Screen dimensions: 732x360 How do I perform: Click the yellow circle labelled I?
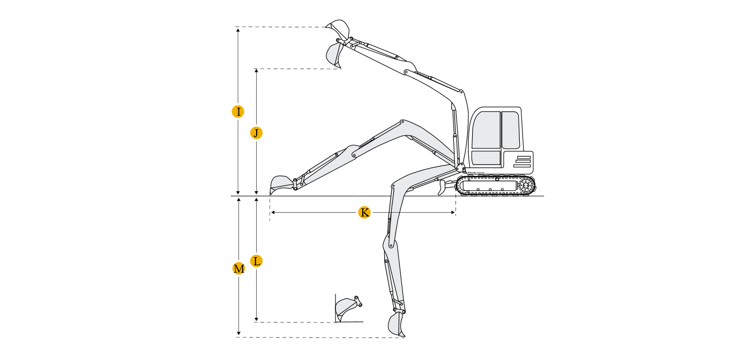238,112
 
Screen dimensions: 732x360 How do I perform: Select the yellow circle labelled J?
256,133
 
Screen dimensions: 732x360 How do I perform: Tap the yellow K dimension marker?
364,212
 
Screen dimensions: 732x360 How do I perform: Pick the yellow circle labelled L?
256,261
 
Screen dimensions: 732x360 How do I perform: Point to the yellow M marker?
238,268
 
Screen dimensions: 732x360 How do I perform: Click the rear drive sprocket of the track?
526,186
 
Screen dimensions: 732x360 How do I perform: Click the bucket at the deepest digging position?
397,324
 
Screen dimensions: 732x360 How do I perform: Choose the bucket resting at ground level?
281,184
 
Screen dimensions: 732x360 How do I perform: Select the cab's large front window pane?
487,130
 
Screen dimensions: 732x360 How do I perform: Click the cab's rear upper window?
511,130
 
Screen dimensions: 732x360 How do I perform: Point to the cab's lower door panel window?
486,158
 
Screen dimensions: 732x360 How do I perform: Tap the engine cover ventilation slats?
522,162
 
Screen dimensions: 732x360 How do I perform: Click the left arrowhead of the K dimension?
273,212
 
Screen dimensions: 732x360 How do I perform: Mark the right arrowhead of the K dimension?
453,212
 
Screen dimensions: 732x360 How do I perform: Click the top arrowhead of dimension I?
238,30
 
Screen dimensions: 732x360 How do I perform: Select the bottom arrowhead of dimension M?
238,333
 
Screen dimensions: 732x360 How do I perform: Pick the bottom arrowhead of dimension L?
256,319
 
